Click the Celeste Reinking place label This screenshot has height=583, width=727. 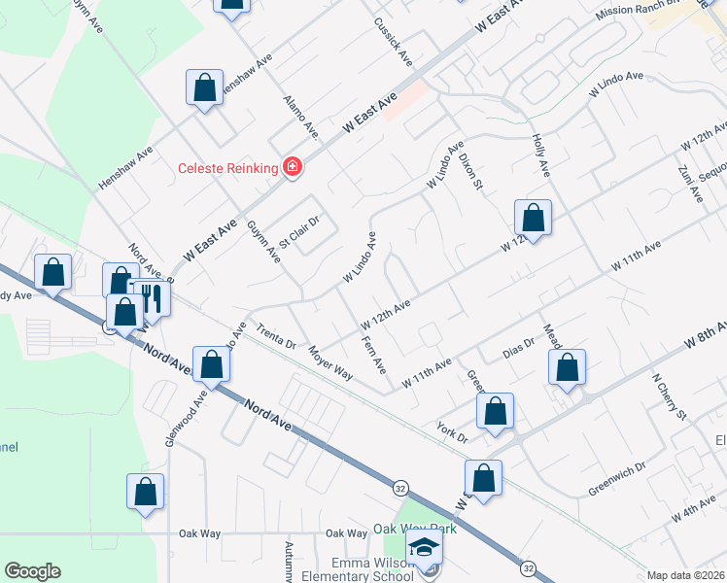228,168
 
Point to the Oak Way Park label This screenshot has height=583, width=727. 415,530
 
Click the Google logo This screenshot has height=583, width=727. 32,571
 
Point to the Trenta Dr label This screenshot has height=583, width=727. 276,336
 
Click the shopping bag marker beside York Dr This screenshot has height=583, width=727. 495,412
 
